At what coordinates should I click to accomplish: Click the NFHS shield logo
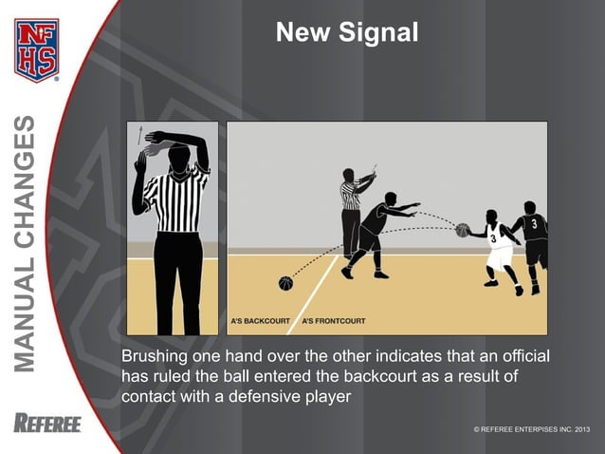click(36, 49)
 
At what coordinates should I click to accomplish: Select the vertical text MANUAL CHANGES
click(27, 243)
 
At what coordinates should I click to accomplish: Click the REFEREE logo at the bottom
click(47, 424)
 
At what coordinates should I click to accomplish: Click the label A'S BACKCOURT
click(260, 322)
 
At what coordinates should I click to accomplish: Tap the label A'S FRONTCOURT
click(334, 322)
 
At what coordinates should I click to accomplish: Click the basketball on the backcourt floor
click(285, 283)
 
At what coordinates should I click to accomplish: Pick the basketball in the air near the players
click(462, 230)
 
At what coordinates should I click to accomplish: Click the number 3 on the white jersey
click(492, 240)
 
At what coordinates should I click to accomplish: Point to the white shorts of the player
click(499, 256)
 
